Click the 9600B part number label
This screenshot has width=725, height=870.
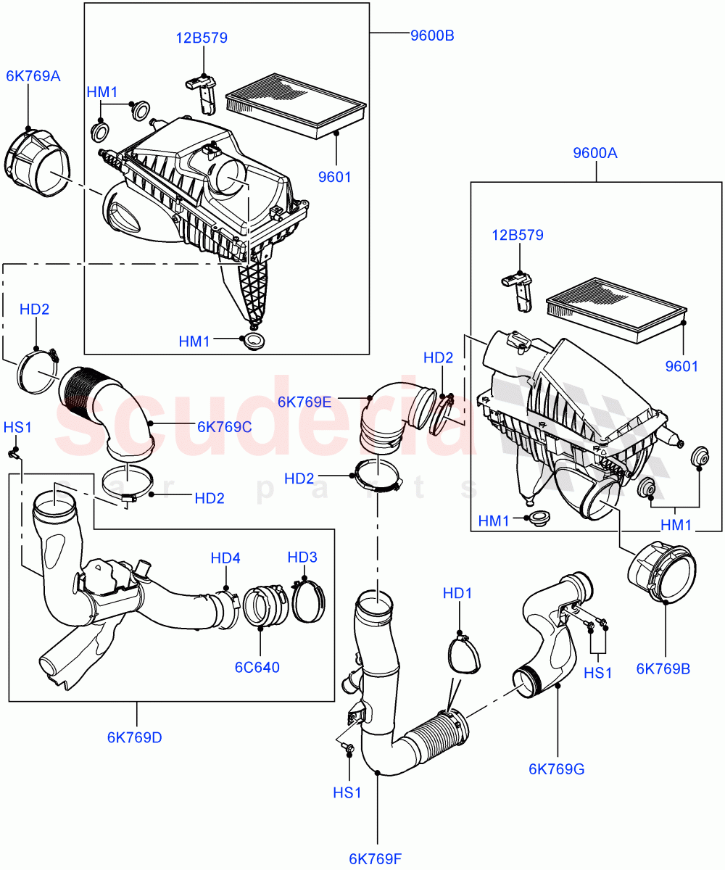pyautogui.click(x=432, y=36)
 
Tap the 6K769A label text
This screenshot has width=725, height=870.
pyautogui.click(x=33, y=75)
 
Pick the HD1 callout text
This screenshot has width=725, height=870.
pyautogui.click(x=457, y=594)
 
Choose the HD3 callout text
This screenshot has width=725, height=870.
pyautogui.click(x=302, y=558)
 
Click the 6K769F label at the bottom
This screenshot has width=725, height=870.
pyautogui.click(x=375, y=859)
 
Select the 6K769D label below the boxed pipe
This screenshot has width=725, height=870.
pyautogui.click(x=135, y=737)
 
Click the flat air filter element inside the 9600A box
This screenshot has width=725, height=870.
pyautogui.click(x=616, y=309)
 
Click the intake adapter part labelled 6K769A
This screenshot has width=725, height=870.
pyautogui.click(x=35, y=162)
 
